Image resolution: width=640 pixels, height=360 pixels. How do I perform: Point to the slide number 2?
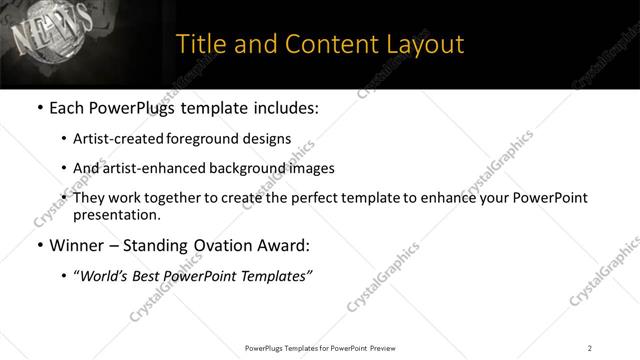click(x=590, y=348)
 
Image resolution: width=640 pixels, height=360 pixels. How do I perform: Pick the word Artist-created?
click(x=119, y=139)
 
